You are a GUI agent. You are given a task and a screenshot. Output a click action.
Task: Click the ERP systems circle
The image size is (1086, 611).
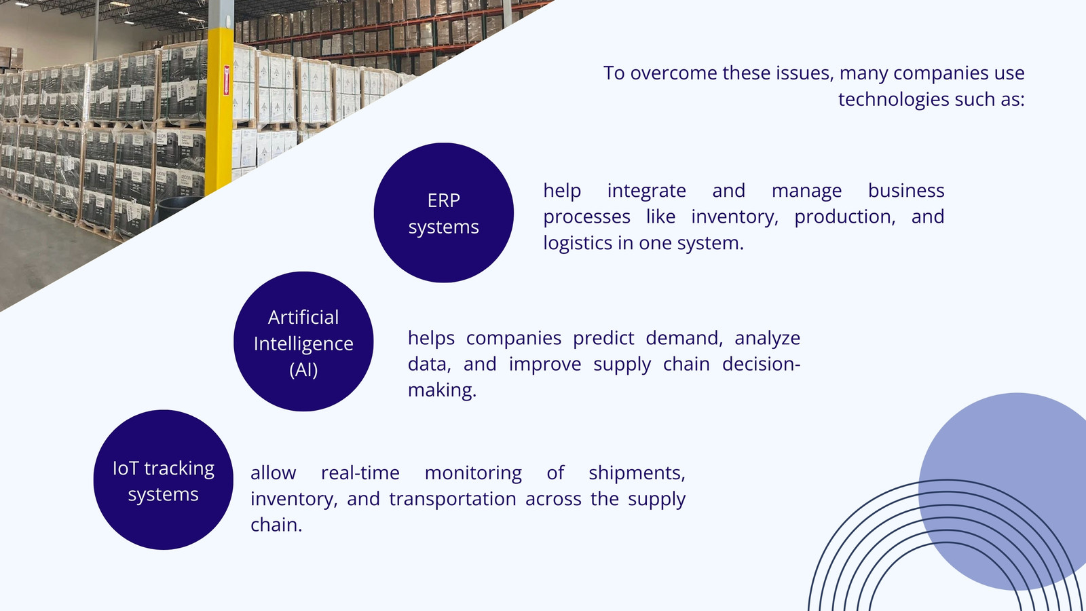pyautogui.click(x=444, y=212)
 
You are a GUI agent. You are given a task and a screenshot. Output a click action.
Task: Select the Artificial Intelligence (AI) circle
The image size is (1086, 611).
pyautogui.click(x=303, y=341)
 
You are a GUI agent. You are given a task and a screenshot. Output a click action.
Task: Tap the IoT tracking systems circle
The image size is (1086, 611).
pyautogui.click(x=164, y=479)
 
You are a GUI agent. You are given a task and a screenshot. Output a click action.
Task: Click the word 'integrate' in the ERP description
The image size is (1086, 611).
pyautogui.click(x=647, y=191)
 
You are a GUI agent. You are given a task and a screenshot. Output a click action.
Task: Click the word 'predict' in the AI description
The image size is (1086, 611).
pyautogui.click(x=603, y=338)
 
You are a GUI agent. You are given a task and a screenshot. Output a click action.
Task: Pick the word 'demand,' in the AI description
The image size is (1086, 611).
pyautogui.click(x=684, y=338)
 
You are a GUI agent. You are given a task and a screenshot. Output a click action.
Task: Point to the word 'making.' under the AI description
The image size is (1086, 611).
pyautogui.click(x=442, y=390)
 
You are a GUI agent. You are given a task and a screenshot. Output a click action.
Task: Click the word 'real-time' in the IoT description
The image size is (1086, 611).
pyautogui.click(x=360, y=473)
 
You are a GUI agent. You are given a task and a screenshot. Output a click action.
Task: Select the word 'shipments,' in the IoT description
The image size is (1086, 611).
pyautogui.click(x=637, y=473)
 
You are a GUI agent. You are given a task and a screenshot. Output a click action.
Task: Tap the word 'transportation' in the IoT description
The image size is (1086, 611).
pyautogui.click(x=453, y=499)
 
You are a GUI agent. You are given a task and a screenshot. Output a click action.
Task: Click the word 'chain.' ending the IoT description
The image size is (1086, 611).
pyautogui.click(x=276, y=525)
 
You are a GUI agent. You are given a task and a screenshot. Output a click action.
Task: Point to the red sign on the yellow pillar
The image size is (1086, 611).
pyautogui.click(x=227, y=81)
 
